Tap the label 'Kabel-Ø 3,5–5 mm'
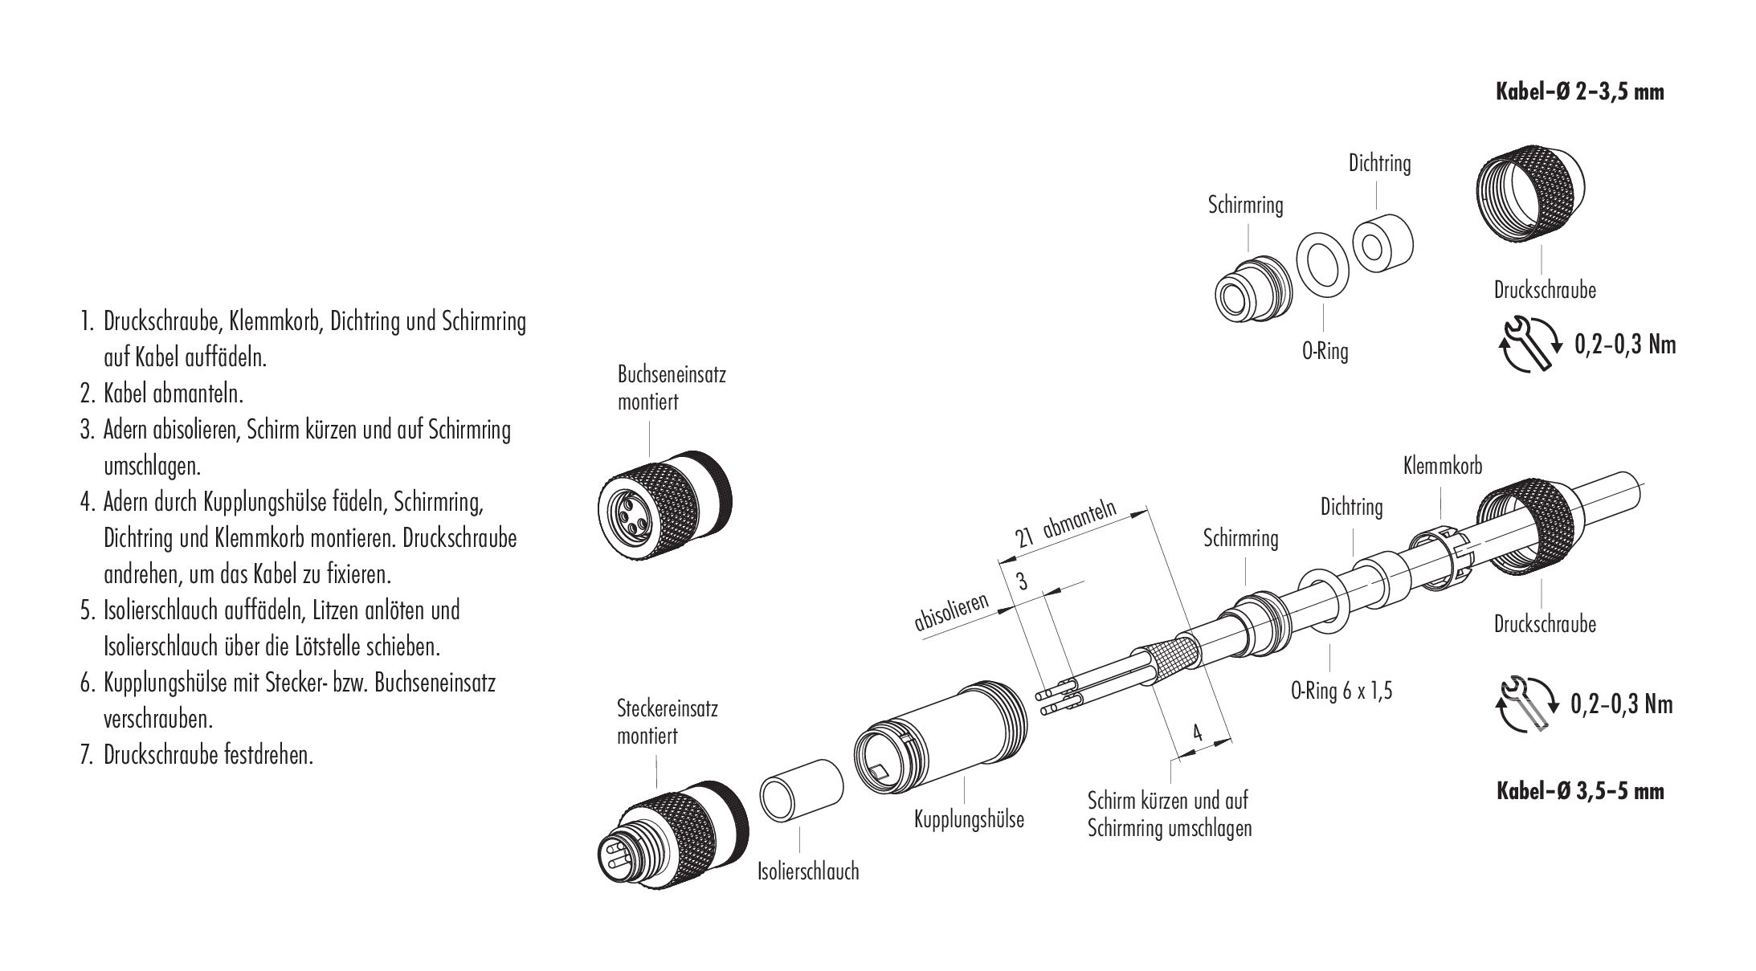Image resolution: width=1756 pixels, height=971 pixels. click(x=1578, y=791)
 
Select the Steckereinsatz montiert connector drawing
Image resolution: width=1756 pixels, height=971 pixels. click(x=674, y=834)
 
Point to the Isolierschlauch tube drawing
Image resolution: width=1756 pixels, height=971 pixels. click(x=802, y=791)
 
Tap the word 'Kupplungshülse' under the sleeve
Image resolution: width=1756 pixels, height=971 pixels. click(x=970, y=820)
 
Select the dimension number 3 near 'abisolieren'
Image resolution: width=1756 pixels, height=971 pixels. click(x=1021, y=581)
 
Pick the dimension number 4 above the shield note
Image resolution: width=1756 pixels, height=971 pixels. click(x=1197, y=732)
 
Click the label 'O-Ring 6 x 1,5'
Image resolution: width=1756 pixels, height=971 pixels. click(x=1342, y=691)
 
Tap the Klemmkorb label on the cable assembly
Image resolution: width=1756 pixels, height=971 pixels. click(x=1442, y=465)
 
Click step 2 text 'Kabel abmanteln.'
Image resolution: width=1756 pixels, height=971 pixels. click(x=173, y=394)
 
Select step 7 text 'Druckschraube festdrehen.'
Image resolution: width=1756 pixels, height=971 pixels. click(x=207, y=755)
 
